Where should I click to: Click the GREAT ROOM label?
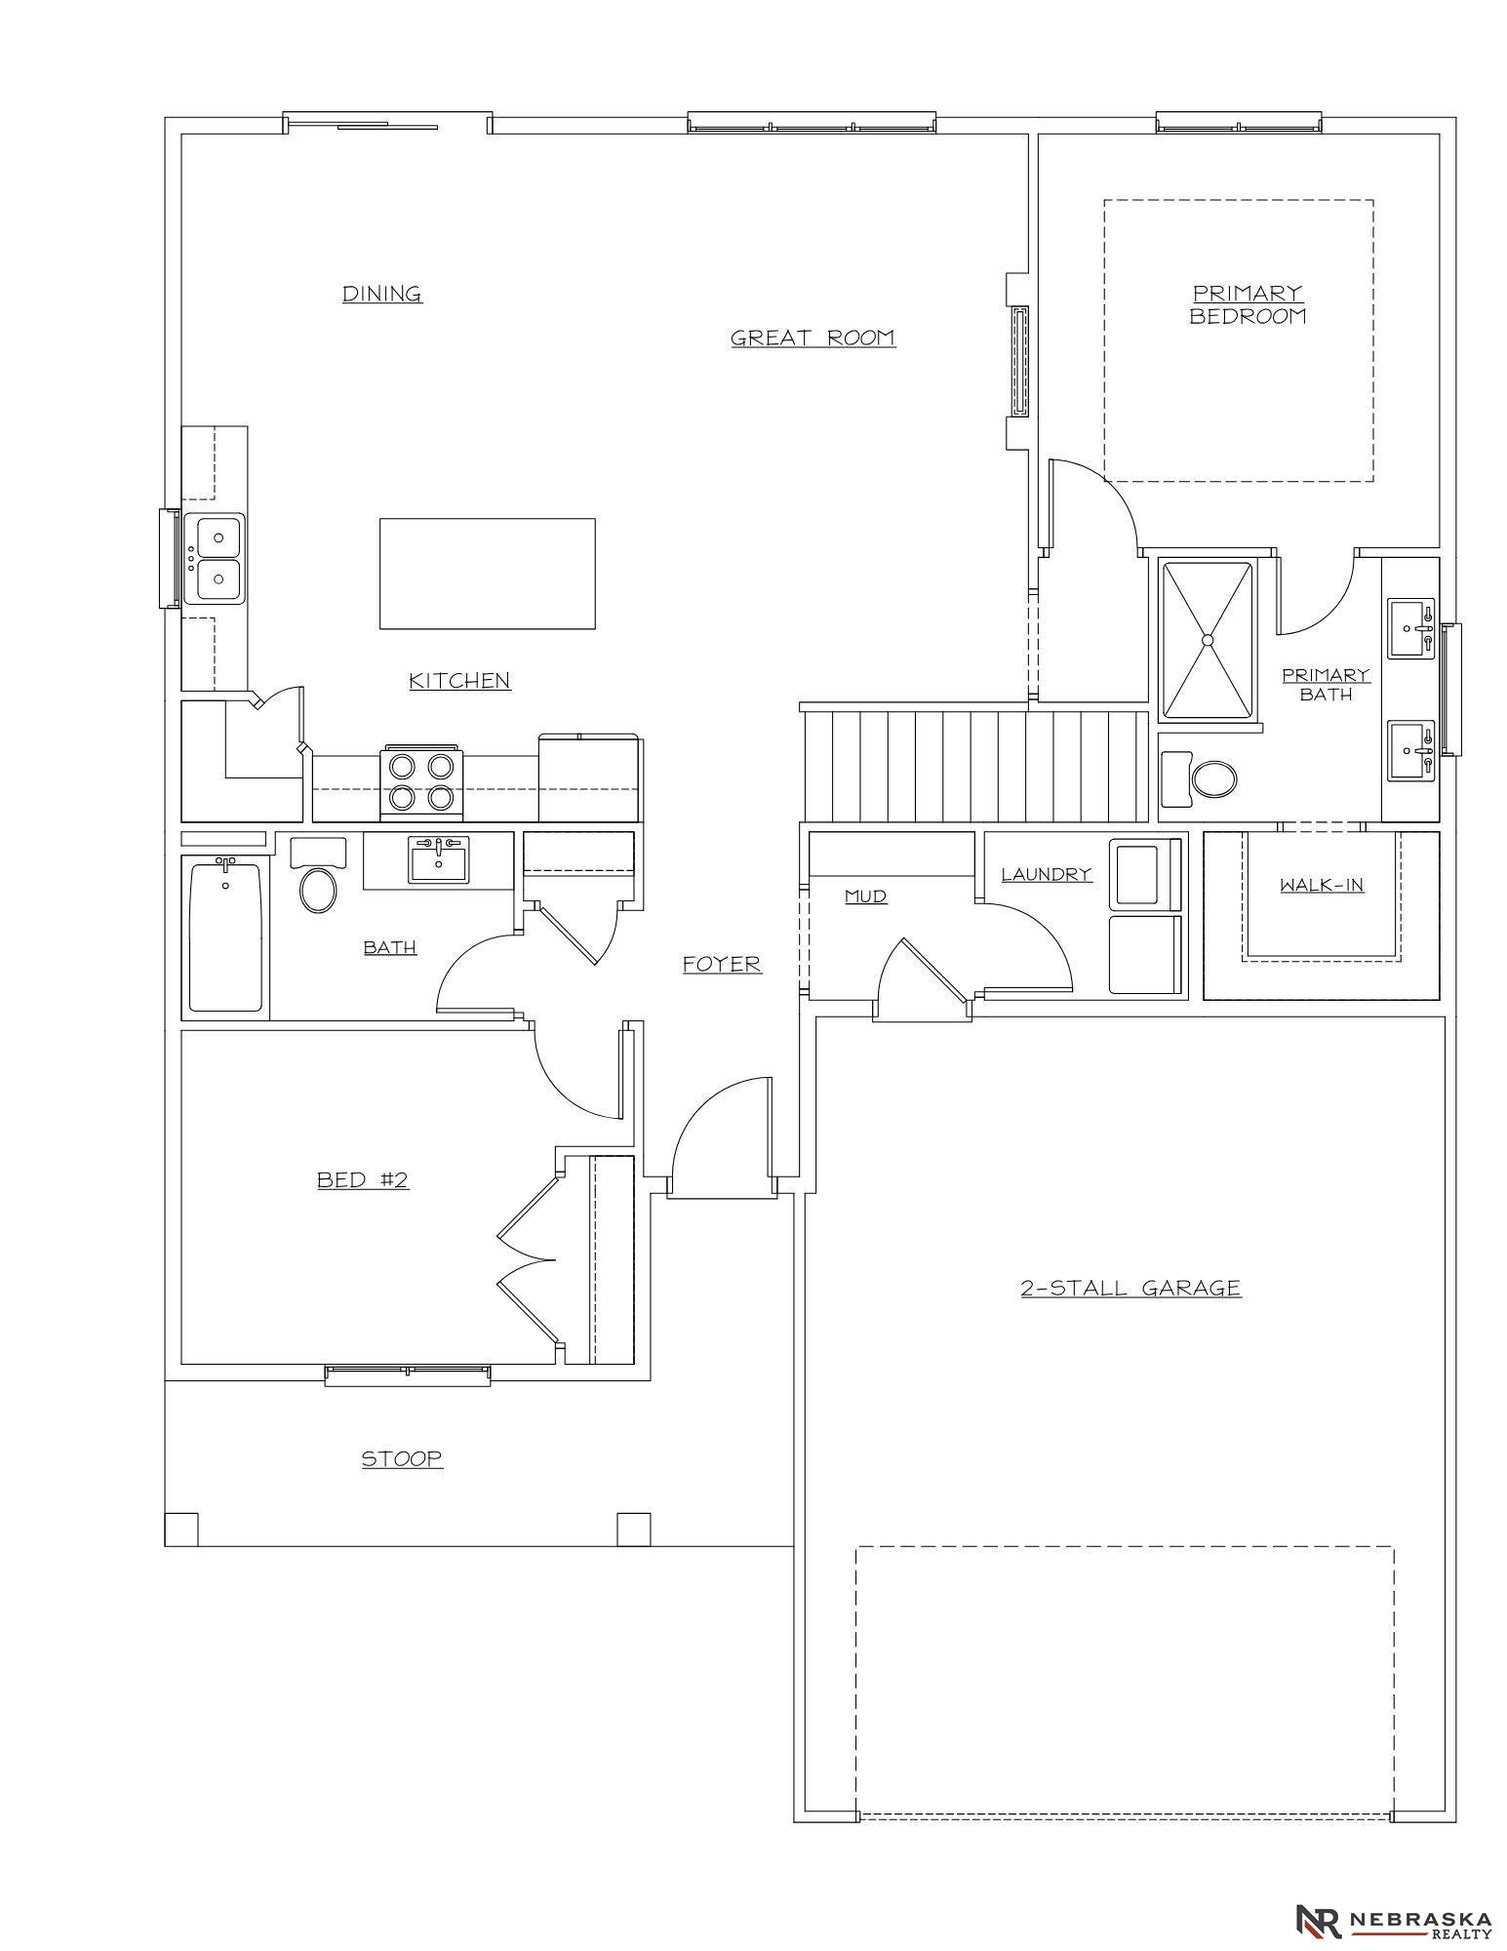pos(813,338)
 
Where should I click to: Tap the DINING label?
pos(382,294)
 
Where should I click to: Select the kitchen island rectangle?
pos(488,574)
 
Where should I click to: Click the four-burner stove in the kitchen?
pos(422,782)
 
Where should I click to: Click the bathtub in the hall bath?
pos(225,936)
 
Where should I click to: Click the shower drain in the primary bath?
pos(1208,640)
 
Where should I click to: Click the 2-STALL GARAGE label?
pos(1130,1288)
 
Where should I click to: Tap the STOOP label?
pos(402,1458)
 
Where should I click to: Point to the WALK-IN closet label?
pos(1322,885)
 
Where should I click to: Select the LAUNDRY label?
pos(1047,874)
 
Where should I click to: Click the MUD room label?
pos(865,896)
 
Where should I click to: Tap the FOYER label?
pos(722,964)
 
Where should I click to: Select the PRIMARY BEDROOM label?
pos(1248,304)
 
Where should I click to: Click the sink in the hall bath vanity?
pos(438,860)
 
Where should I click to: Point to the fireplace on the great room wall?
pos(1020,361)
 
